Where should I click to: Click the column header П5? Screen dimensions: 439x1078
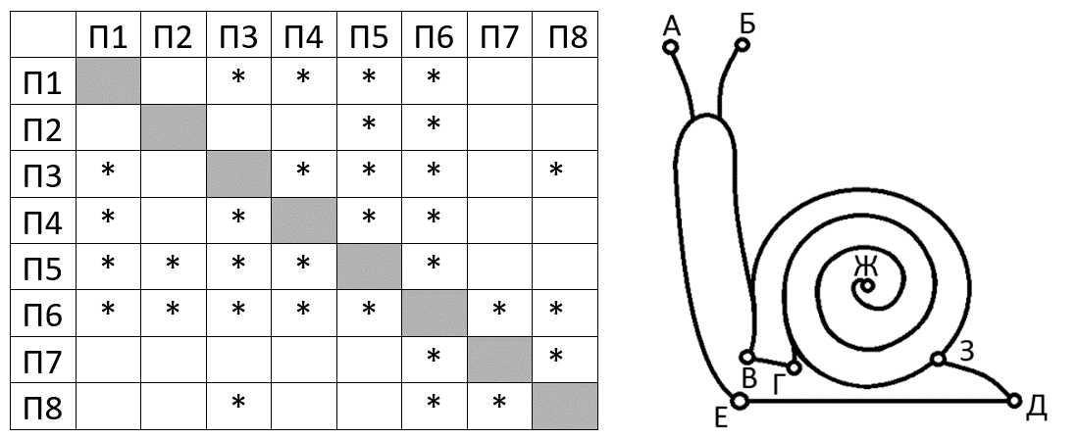click(x=369, y=38)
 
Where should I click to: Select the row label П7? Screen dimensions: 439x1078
click(x=43, y=360)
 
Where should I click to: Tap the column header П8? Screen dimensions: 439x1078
click(x=564, y=38)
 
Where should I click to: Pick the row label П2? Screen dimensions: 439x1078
click(x=43, y=127)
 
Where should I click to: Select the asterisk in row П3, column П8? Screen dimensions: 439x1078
click(x=556, y=171)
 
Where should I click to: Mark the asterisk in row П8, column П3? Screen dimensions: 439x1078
click(x=238, y=402)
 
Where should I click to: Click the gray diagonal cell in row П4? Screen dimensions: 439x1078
click(x=304, y=220)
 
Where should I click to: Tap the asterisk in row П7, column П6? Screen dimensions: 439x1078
click(x=434, y=356)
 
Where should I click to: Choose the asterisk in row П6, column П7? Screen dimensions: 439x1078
click(x=498, y=310)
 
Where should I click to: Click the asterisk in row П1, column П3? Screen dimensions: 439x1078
click(x=238, y=77)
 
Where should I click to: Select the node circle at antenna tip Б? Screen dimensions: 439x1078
click(x=744, y=44)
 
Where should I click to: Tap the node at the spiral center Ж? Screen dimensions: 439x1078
click(x=865, y=287)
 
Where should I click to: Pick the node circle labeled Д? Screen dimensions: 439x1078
click(x=1014, y=400)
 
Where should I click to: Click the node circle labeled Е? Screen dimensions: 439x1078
click(x=740, y=400)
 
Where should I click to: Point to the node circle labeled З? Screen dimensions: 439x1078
click(x=938, y=360)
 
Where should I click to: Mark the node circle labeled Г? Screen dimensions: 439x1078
click(x=794, y=367)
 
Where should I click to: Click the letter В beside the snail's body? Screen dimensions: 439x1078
click(x=749, y=378)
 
